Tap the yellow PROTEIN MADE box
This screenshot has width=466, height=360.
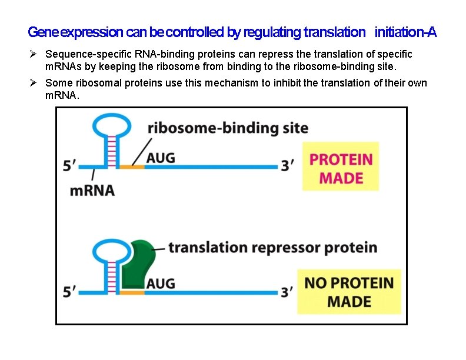click(x=341, y=168)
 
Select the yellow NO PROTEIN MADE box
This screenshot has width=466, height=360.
click(x=349, y=292)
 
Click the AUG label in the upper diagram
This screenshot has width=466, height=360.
click(x=161, y=158)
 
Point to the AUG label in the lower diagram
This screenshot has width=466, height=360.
click(x=161, y=283)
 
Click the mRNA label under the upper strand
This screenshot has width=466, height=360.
click(x=92, y=190)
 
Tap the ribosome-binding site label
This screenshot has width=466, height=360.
click(x=228, y=128)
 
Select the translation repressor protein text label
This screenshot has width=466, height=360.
click(x=272, y=246)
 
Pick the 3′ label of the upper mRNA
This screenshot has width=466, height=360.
click(x=288, y=166)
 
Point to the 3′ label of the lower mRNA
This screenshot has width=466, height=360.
click(x=288, y=292)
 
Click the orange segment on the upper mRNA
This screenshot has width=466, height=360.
click(x=132, y=167)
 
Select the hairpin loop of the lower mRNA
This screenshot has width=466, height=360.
click(x=110, y=250)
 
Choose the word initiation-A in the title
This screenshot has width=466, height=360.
click(x=405, y=32)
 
